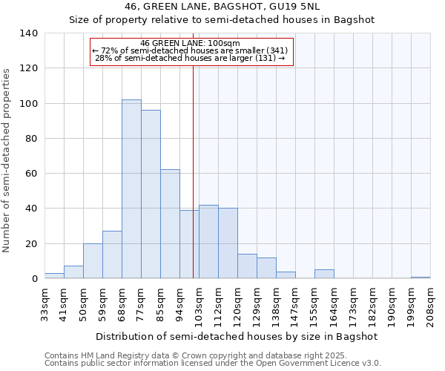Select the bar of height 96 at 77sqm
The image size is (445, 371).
[x=151, y=194]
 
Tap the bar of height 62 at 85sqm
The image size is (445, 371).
[x=170, y=224]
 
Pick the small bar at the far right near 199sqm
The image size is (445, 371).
[x=421, y=278]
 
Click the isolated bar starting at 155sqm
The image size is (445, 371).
[x=324, y=274]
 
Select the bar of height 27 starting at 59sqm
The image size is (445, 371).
[x=112, y=255]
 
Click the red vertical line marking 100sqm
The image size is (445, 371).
[x=193, y=171]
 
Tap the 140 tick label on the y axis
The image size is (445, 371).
[x=29, y=33]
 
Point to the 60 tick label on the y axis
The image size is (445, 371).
[x=32, y=174]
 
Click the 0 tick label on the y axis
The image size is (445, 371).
[x=35, y=279]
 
